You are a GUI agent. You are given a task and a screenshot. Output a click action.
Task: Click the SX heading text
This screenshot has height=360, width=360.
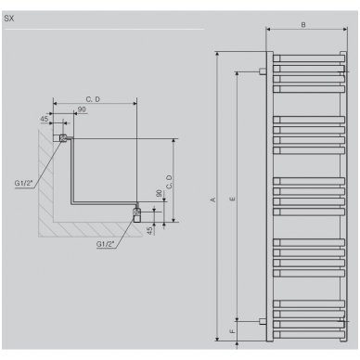(9, 19)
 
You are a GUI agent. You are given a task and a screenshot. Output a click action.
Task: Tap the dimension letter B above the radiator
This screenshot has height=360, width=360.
(303, 25)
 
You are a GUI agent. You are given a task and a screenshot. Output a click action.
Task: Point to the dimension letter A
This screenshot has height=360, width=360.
(212, 199)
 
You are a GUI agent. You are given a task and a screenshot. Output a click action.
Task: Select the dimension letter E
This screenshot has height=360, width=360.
(233, 199)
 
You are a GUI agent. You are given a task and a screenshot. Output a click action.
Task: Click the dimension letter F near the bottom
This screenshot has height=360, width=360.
(233, 331)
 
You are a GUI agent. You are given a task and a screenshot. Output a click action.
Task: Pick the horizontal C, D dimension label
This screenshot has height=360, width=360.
(93, 99)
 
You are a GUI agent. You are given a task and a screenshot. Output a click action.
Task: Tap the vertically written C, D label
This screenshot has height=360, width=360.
(169, 182)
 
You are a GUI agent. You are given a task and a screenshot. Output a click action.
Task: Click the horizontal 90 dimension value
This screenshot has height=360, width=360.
(82, 109)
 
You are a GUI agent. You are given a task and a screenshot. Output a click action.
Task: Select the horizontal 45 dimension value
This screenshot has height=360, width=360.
(45, 119)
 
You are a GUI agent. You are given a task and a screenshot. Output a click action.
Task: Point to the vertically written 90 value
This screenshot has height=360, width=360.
(159, 194)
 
